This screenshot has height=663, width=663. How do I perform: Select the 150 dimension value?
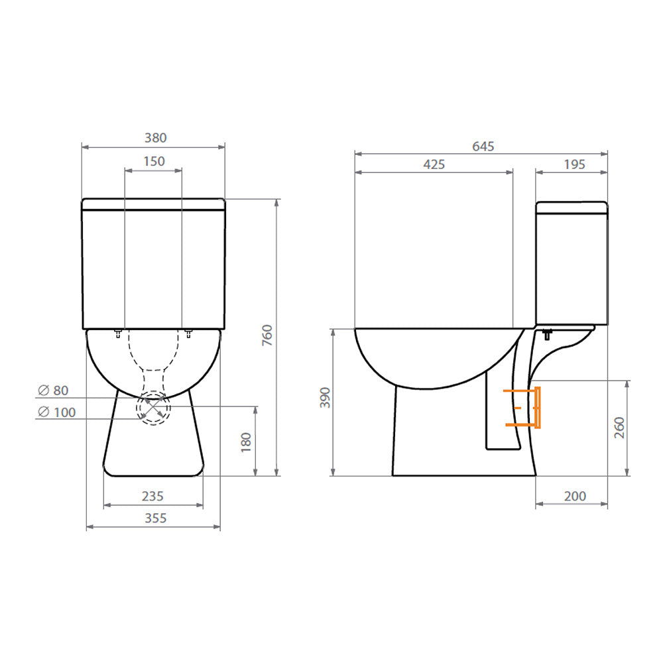(154, 161)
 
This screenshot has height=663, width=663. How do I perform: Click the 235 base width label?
(153, 496)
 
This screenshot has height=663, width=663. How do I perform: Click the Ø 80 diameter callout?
(52, 391)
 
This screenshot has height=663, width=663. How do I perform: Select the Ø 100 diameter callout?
(56, 412)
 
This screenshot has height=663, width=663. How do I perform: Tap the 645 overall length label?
(483, 147)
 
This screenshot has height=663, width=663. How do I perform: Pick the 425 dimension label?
(434, 164)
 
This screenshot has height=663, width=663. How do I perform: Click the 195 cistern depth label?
(574, 164)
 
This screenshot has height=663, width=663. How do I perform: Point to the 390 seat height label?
(325, 398)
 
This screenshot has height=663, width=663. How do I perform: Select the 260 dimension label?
(618, 428)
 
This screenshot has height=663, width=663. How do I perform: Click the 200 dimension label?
(574, 496)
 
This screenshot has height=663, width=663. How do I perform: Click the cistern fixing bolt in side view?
(547, 333)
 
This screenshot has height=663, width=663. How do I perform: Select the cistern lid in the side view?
(572, 207)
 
